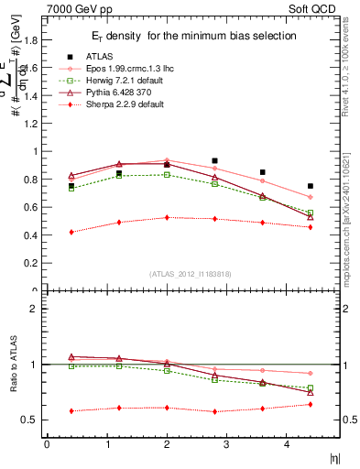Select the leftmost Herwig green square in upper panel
pos(71,189)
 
